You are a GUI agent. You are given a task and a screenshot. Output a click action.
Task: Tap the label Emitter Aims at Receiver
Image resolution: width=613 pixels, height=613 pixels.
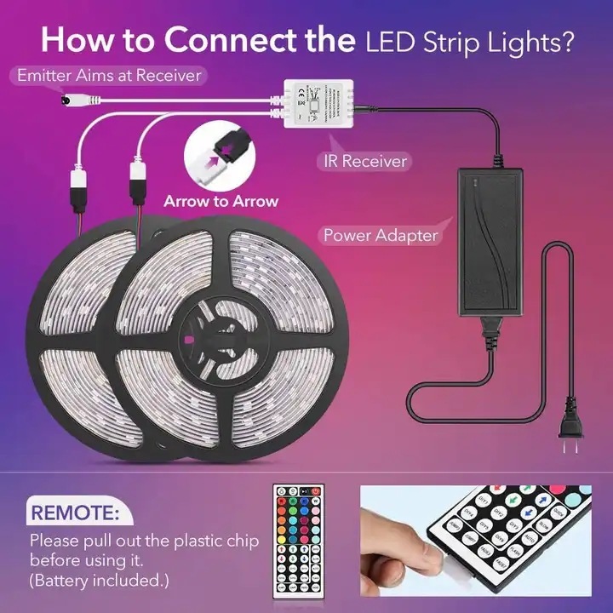[109, 76]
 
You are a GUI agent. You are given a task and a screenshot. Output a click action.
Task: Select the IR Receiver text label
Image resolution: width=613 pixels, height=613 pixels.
[365, 160]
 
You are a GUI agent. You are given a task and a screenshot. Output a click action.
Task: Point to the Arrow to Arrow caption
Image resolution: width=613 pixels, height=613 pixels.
[221, 201]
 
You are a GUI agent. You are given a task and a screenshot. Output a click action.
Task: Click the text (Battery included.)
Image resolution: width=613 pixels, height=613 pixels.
[100, 581]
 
